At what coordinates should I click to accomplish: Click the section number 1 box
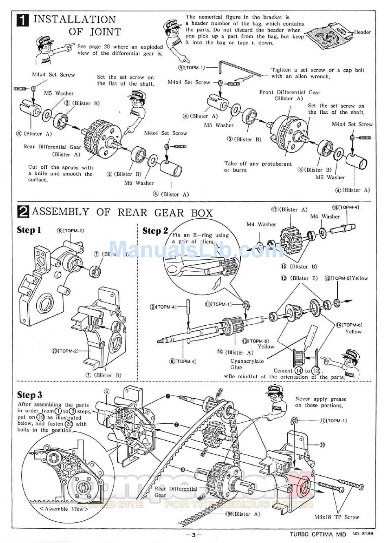pyautogui.click(x=23, y=20)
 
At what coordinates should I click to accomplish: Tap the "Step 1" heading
pyautogui.click(x=29, y=230)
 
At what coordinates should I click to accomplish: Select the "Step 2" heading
pyautogui.click(x=155, y=231)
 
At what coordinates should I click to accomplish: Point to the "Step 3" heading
pyautogui.click(x=29, y=395)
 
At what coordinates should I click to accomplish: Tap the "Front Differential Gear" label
pyautogui.click(x=290, y=93)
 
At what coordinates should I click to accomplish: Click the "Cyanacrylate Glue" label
pyautogui.click(x=247, y=364)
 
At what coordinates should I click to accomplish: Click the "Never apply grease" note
pyautogui.click(x=321, y=402)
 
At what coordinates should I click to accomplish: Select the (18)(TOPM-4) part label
pyautogui.click(x=345, y=207)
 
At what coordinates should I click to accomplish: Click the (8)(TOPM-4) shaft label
pyautogui.click(x=183, y=361)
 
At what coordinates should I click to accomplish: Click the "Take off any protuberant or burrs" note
pyautogui.click(x=258, y=167)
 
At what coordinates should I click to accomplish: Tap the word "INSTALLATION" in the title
pyautogui.click(x=75, y=19)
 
